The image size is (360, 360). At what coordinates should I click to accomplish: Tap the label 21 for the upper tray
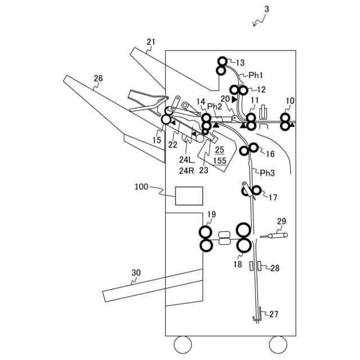point(151,42)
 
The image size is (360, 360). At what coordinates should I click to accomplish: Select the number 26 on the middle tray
point(98,79)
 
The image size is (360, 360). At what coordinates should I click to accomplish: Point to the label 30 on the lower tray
point(136,273)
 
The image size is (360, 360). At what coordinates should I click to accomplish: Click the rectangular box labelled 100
point(189,196)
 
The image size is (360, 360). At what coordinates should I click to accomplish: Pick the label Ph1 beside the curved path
point(256,74)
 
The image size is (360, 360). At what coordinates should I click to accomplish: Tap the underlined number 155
point(219,160)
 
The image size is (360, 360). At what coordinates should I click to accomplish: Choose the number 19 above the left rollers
point(211,214)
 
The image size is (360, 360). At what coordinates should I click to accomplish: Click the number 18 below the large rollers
point(238,264)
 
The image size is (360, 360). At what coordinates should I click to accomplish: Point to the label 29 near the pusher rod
point(282,221)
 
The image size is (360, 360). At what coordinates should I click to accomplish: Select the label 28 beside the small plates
point(274,268)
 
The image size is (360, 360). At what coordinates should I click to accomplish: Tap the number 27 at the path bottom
point(273,314)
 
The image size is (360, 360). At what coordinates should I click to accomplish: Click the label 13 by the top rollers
point(241,62)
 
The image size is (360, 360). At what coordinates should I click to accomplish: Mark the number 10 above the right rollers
point(290,101)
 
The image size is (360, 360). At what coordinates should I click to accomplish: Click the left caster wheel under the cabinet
point(182,343)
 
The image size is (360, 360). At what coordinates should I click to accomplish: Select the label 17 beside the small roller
point(273,197)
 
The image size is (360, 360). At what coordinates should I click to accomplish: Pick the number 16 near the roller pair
point(270,154)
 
